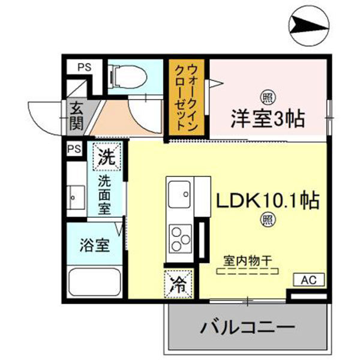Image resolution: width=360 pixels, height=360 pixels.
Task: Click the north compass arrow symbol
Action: point(310,25)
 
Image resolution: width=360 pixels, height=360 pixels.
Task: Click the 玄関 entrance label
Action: point(76,116)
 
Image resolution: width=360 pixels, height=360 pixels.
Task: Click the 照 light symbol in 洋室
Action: point(265,96)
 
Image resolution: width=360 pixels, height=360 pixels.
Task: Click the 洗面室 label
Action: point(105,194)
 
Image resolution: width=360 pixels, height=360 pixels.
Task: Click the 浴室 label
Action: point(95,245)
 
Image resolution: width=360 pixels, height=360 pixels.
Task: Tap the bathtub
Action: point(95,282)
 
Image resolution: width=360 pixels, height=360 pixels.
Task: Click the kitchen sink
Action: point(180,193)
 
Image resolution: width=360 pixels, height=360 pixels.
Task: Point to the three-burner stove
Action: point(180,238)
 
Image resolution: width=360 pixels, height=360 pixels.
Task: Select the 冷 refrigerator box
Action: point(179,285)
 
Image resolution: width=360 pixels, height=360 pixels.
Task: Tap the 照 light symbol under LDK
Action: point(265,220)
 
